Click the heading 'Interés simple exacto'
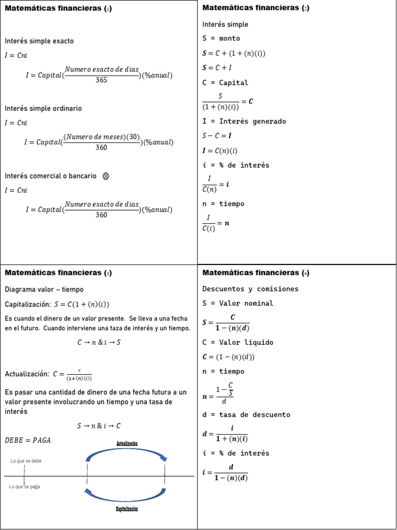click(39, 41)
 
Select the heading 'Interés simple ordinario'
click(43, 109)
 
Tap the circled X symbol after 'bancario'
click(106, 176)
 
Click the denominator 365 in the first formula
click(101, 80)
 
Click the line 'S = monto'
click(221, 38)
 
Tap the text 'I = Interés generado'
click(244, 122)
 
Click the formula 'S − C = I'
click(217, 136)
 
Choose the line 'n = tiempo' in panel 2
click(223, 204)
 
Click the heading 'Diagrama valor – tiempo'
click(44, 289)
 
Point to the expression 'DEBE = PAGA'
click(28, 440)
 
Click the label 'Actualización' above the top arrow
click(127, 444)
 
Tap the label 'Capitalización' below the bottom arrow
click(127, 509)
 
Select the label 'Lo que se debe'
click(26, 461)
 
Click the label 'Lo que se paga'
click(25, 487)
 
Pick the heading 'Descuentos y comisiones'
click(250, 289)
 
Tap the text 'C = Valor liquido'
click(238, 343)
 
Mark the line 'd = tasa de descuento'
click(246, 415)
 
